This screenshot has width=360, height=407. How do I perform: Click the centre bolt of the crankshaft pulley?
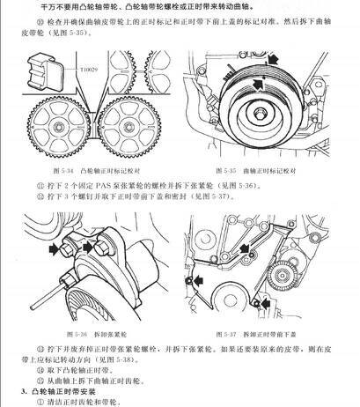click(x=263, y=115)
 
